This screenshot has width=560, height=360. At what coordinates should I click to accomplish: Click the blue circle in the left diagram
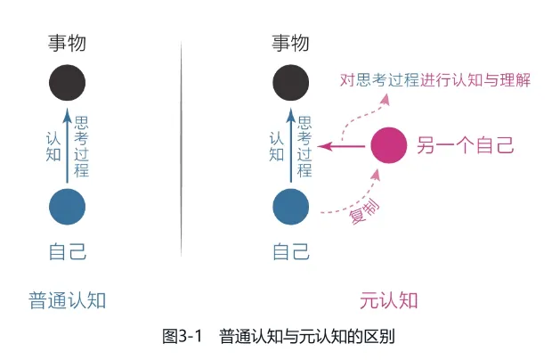(x=68, y=206)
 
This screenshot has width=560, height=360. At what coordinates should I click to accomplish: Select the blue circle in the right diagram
(x=291, y=206)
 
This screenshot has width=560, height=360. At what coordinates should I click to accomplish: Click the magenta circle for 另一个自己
(x=388, y=145)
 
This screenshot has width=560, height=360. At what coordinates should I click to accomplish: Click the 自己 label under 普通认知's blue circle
(x=68, y=251)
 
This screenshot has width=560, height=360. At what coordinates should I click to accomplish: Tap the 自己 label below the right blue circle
(x=291, y=251)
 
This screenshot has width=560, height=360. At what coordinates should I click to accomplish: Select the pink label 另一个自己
(x=466, y=145)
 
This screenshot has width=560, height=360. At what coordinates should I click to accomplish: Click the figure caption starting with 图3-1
(x=279, y=336)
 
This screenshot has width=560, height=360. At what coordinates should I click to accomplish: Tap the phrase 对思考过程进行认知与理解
(x=435, y=80)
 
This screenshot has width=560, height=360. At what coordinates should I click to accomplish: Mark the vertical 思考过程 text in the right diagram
(x=305, y=146)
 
